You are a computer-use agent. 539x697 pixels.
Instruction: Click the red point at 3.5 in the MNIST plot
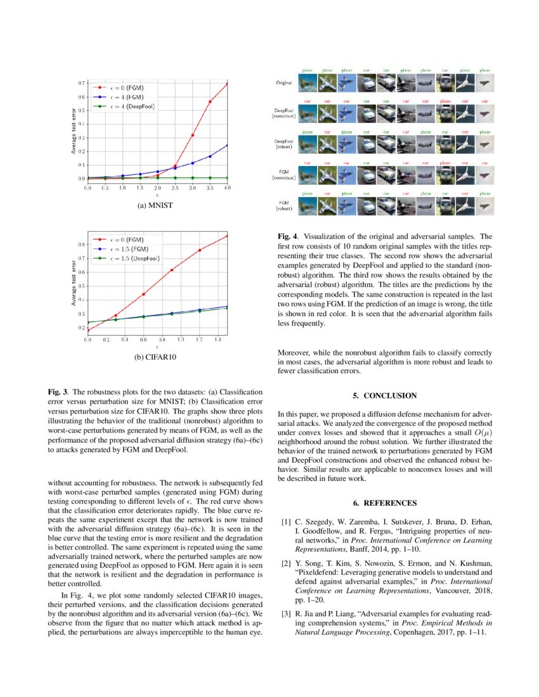pyautogui.click(x=210, y=101)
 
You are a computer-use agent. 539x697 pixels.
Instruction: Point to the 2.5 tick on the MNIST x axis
pyautogui.click(x=174, y=188)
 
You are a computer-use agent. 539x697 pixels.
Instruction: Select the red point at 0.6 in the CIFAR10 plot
pyautogui.click(x=143, y=294)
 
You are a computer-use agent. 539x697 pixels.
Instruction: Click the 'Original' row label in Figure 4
pyautogui.click(x=283, y=83)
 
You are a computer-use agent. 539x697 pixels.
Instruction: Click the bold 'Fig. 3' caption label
pyautogui.click(x=59, y=392)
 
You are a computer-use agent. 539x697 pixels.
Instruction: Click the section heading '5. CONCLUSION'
pyautogui.click(x=385, y=395)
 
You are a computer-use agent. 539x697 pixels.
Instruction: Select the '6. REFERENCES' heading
pyautogui.click(x=385, y=502)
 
